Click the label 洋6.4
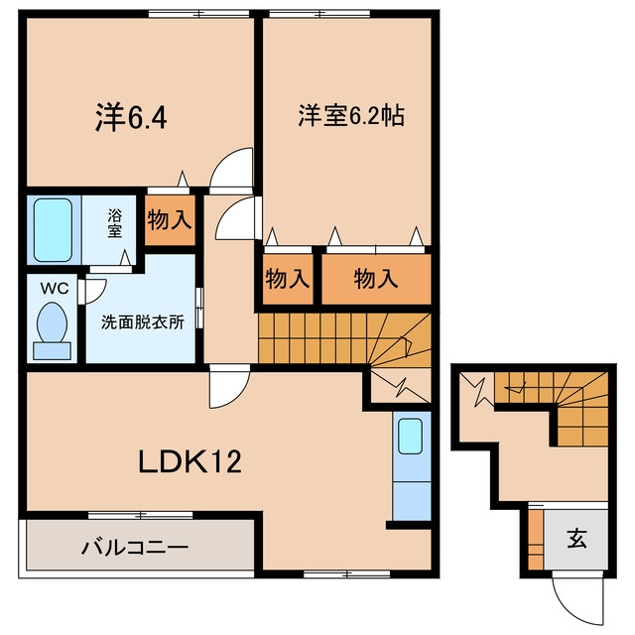click(x=131, y=117)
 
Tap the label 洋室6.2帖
click(x=351, y=115)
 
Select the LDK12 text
click(x=190, y=461)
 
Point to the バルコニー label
click(x=135, y=547)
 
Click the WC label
click(x=55, y=289)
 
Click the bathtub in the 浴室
click(x=53, y=230)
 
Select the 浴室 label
click(x=115, y=222)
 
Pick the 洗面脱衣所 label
click(x=143, y=321)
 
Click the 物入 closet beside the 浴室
click(x=170, y=220)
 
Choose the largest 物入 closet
click(x=376, y=279)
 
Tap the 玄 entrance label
click(x=576, y=539)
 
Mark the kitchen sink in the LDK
click(x=410, y=437)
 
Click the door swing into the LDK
click(x=229, y=386)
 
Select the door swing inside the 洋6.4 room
click(x=232, y=169)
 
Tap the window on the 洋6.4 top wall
click(x=198, y=14)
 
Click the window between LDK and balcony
click(x=141, y=515)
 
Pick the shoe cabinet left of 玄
click(x=536, y=539)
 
